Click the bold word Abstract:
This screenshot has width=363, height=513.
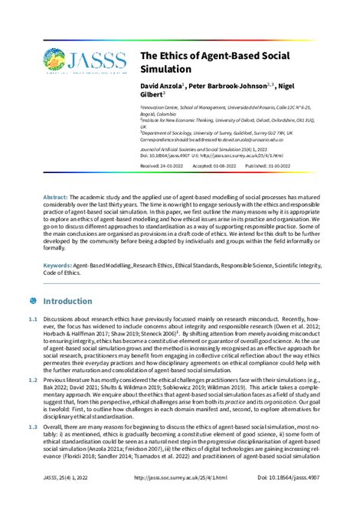tap(56, 197)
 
